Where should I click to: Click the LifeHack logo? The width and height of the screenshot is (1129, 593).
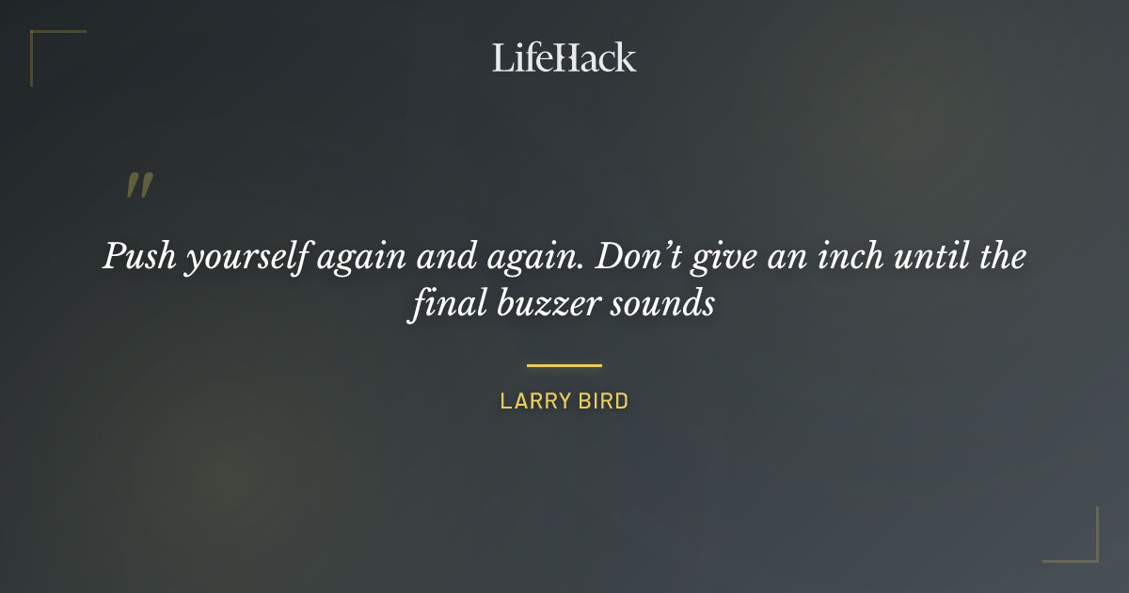click(564, 57)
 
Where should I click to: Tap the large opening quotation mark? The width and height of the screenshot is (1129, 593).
click(139, 185)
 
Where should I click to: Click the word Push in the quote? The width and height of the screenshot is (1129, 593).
click(139, 257)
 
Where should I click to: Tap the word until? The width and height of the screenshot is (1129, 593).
click(923, 257)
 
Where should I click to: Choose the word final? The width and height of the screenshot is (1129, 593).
click(444, 305)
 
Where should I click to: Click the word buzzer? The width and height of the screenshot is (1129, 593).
click(548, 306)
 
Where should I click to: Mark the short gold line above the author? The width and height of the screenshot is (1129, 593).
click(564, 365)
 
